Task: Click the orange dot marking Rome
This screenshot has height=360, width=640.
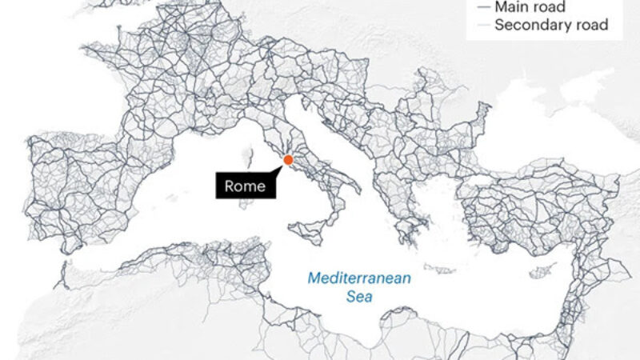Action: [x=288, y=160]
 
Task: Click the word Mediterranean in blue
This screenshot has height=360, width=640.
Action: [x=360, y=279]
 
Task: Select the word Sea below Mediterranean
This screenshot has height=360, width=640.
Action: [x=360, y=297]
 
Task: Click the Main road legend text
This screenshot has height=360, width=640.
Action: [x=530, y=7]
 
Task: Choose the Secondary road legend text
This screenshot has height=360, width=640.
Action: [x=551, y=25]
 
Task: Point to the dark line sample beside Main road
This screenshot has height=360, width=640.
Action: [x=482, y=7]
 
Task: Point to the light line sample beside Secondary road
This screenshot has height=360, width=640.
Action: [x=482, y=25]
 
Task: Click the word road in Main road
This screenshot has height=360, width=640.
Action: [x=550, y=7]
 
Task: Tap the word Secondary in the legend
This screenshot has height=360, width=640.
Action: [x=532, y=25]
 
